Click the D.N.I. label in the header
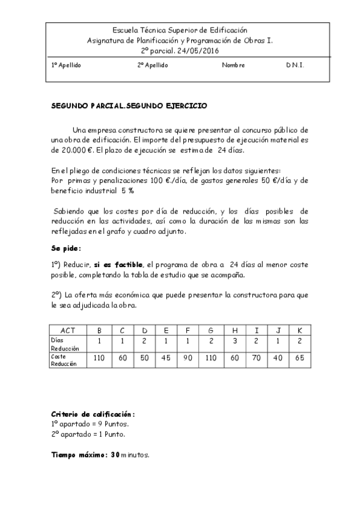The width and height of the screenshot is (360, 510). [295, 65]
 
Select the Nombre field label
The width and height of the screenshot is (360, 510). [233, 65]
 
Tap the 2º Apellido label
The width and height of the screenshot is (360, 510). [153, 65]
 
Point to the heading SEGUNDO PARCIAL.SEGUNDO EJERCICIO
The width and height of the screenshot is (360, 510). [129, 105]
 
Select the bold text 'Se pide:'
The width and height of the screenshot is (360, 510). [66, 248]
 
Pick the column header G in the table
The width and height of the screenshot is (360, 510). [210, 330]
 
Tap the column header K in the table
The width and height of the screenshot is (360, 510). [300, 330]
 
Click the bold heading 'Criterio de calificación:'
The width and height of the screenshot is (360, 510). [93, 415]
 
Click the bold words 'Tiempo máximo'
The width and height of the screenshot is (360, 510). [77, 455]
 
